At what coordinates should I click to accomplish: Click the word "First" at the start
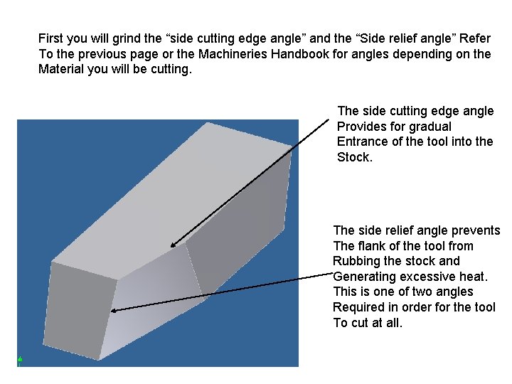50,38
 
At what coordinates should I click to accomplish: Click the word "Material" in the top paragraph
61,70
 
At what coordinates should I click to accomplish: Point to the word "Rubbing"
356,261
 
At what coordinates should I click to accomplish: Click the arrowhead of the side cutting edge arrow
173,245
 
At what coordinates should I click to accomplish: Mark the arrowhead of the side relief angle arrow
115,310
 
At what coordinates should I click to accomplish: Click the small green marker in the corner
20,360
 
